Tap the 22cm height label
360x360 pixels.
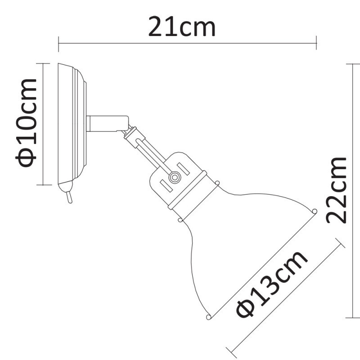pos(337,190)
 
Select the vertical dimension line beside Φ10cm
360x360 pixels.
pos(42,124)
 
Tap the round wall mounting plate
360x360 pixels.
pos(72,124)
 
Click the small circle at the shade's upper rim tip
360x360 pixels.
pos(314,211)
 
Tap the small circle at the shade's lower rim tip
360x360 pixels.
pos(208,317)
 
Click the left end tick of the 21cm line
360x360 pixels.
pos(58,44)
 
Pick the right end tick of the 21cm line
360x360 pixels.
pos(317,44)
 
